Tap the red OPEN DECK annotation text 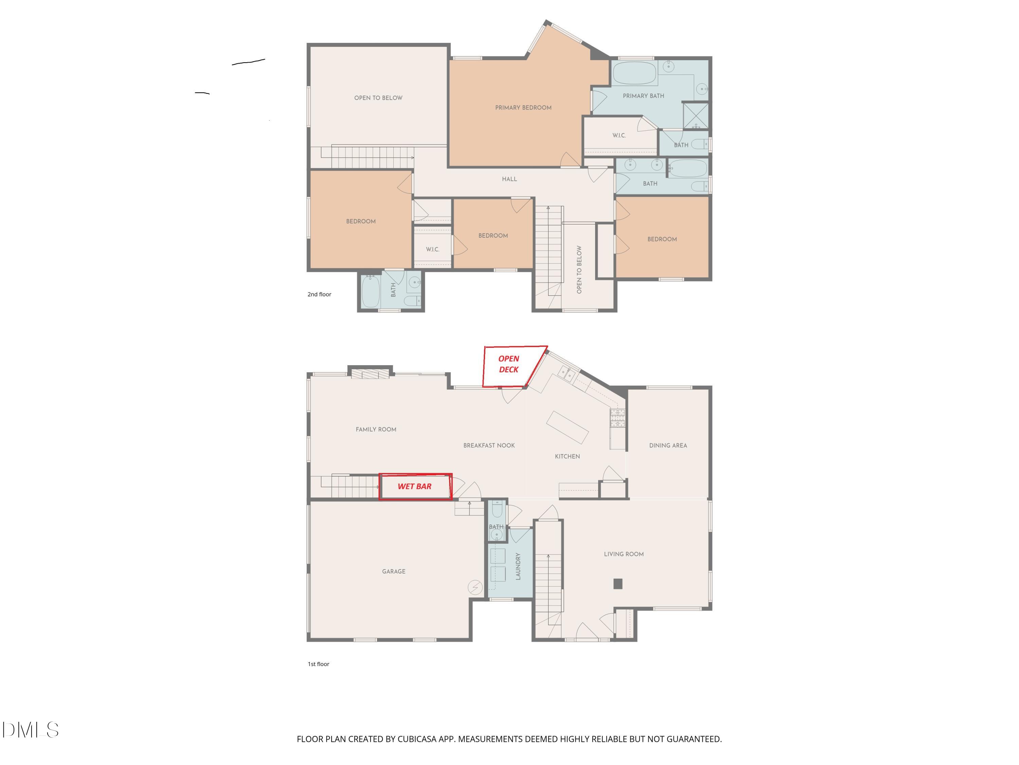pos(508,364)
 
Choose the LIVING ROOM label pos(623,554)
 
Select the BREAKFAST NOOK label pos(489,445)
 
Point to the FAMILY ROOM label pos(376,429)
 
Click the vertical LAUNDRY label pos(518,566)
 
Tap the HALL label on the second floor pos(509,179)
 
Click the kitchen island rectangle pos(567,427)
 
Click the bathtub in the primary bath pos(634,73)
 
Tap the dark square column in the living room pos(618,584)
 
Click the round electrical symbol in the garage pos(475,588)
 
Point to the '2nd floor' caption pos(319,294)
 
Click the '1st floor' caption pos(318,664)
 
